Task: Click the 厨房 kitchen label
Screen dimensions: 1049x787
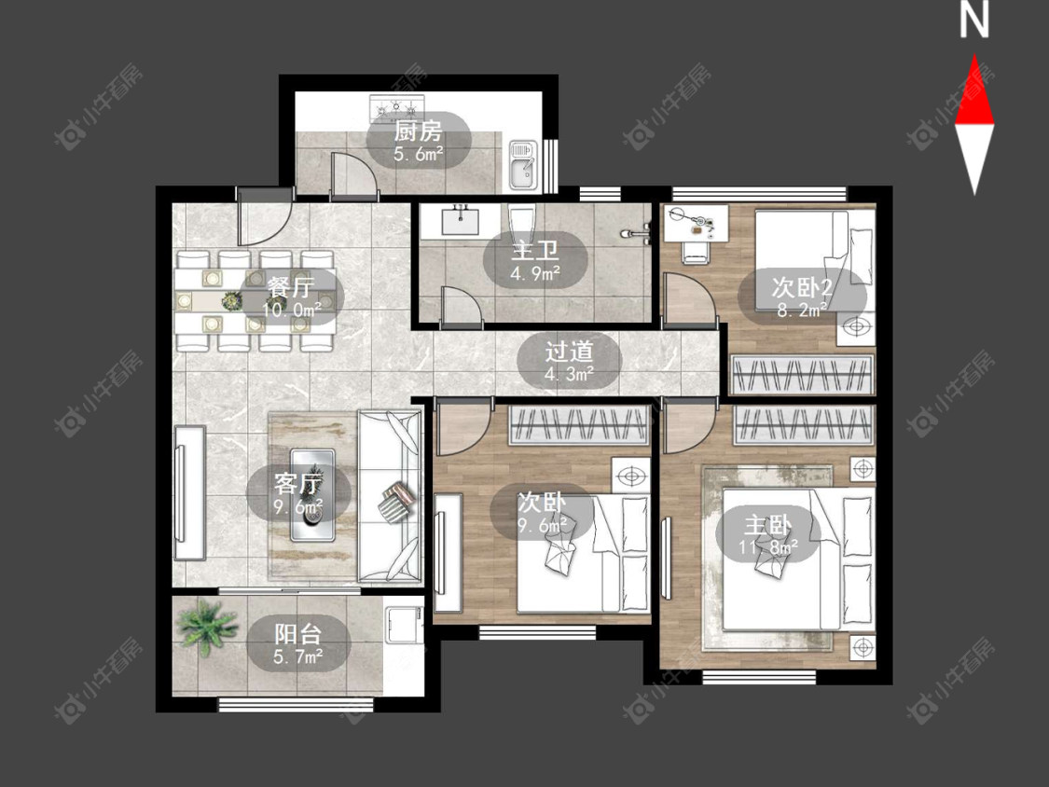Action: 418,131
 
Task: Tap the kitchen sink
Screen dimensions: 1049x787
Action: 524,164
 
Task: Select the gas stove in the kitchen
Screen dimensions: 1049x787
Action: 397,107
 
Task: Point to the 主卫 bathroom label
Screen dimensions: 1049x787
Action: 535,251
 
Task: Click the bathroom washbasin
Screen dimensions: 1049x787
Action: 461,219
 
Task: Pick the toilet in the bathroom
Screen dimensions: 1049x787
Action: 520,221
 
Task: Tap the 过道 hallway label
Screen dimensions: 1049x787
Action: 569,352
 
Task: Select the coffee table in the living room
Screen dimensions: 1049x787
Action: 311,494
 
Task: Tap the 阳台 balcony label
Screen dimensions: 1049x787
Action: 298,634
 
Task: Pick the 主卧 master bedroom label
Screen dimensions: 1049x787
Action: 768,525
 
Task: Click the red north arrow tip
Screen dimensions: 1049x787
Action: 974,55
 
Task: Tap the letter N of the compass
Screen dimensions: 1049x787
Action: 974,21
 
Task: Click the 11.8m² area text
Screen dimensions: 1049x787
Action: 768,547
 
